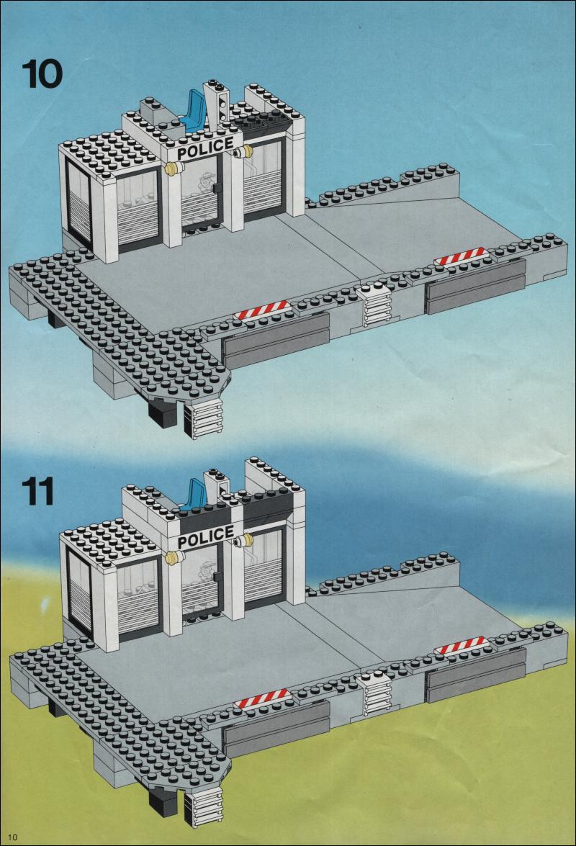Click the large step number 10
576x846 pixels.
(x=42, y=74)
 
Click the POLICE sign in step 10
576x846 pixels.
(x=205, y=148)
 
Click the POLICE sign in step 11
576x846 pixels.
(x=205, y=538)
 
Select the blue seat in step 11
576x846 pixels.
(x=194, y=494)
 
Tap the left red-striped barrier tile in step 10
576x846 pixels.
(x=261, y=311)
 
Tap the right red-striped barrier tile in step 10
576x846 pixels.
(x=461, y=256)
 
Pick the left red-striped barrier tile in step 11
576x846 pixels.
(x=263, y=698)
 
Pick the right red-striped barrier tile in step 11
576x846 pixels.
(x=461, y=644)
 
